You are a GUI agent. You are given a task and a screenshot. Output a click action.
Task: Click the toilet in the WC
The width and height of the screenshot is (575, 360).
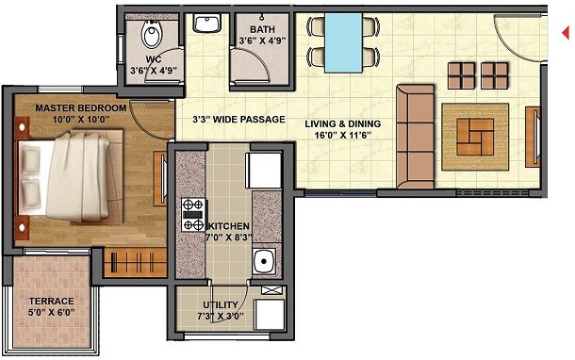(150, 37)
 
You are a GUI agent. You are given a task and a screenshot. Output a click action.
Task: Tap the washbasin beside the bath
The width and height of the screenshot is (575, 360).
(205, 24)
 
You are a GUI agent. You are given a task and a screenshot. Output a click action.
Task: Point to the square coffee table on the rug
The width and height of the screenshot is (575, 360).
(475, 137)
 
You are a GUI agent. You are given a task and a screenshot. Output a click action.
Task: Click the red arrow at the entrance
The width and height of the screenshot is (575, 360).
(566, 33)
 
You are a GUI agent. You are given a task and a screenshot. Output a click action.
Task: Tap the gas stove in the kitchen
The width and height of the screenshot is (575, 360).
(192, 215)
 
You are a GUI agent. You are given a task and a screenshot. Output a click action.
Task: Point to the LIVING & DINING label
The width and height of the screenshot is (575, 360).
(343, 123)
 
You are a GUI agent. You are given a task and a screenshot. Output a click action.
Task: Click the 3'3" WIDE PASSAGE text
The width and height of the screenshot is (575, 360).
(238, 120)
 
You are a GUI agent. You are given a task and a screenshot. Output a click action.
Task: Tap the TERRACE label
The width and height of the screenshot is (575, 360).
(51, 302)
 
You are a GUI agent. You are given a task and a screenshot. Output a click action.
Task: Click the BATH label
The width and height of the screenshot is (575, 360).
(250, 28)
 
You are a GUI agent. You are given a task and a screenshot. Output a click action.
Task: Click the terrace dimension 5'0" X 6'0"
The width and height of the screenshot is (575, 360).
(51, 314)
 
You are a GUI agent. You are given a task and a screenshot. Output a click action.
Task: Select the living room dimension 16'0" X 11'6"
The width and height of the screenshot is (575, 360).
(343, 136)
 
